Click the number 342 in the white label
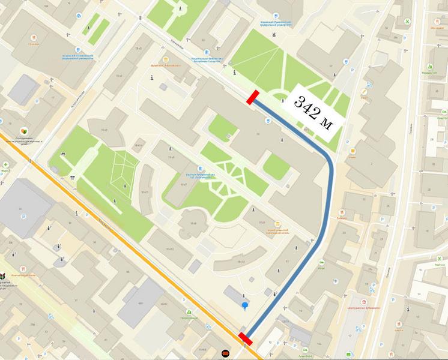tap(306, 108)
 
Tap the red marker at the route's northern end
tap(252, 97)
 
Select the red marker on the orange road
tap(246, 339)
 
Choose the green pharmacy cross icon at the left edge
tap(5, 164)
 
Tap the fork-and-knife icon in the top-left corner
tap(33, 37)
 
